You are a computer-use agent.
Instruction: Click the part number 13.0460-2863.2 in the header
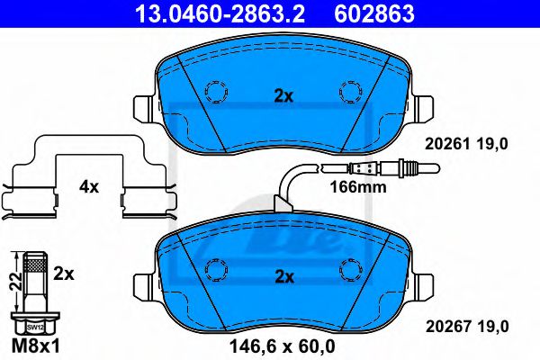click(220, 13)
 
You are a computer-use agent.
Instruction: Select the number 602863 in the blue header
click(374, 13)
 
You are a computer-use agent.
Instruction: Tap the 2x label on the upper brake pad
click(283, 97)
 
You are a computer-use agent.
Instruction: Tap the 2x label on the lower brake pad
click(284, 276)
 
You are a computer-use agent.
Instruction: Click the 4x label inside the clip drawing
click(89, 187)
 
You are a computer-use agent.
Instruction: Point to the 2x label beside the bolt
click(64, 274)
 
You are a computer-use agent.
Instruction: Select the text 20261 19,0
click(466, 144)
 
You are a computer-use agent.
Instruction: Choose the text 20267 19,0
click(467, 326)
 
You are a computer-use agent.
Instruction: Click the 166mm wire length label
click(358, 187)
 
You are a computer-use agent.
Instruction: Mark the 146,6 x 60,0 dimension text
click(282, 346)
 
